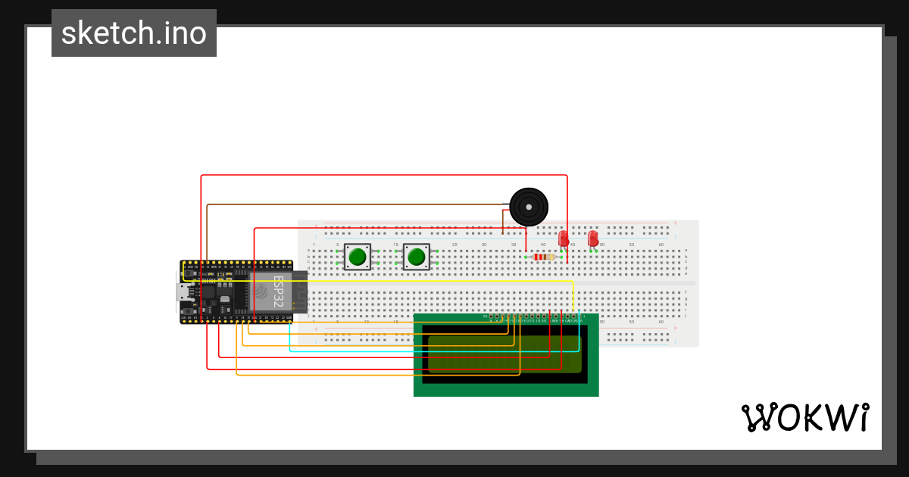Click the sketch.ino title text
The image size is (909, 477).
click(x=134, y=33)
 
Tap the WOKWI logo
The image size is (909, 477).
click(x=804, y=418)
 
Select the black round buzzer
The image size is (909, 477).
click(x=529, y=207)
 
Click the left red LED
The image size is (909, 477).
click(x=564, y=238)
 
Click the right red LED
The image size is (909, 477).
click(x=592, y=238)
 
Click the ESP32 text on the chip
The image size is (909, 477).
click(x=278, y=291)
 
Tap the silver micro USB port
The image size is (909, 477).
click(x=183, y=291)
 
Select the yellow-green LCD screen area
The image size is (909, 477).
click(x=504, y=354)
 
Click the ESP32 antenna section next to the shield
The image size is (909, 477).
click(x=299, y=291)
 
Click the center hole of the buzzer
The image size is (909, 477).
click(x=529, y=206)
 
